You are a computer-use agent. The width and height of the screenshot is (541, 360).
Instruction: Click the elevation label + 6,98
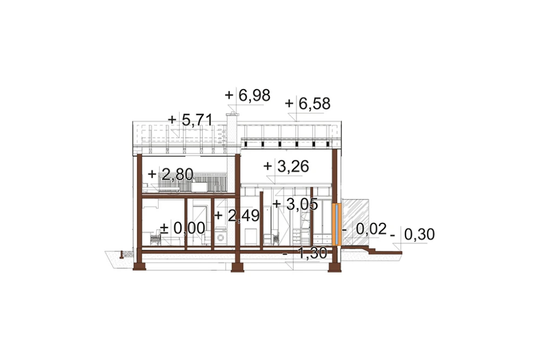tap(247, 96)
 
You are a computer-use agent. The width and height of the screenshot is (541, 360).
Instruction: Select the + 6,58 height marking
tap(308, 103)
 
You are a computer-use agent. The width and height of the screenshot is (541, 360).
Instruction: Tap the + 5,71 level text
tap(190, 120)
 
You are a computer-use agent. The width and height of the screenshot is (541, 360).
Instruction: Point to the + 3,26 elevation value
tap(286, 166)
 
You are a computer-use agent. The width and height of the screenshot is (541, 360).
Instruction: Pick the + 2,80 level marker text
tap(170, 175)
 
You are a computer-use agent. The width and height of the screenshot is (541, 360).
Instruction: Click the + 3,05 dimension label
tap(295, 204)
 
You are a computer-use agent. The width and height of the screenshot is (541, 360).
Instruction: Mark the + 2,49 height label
tap(237, 216)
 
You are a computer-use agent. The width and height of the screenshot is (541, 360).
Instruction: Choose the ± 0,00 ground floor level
tap(183, 228)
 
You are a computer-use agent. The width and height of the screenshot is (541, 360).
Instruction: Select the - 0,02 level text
tap(364, 229)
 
